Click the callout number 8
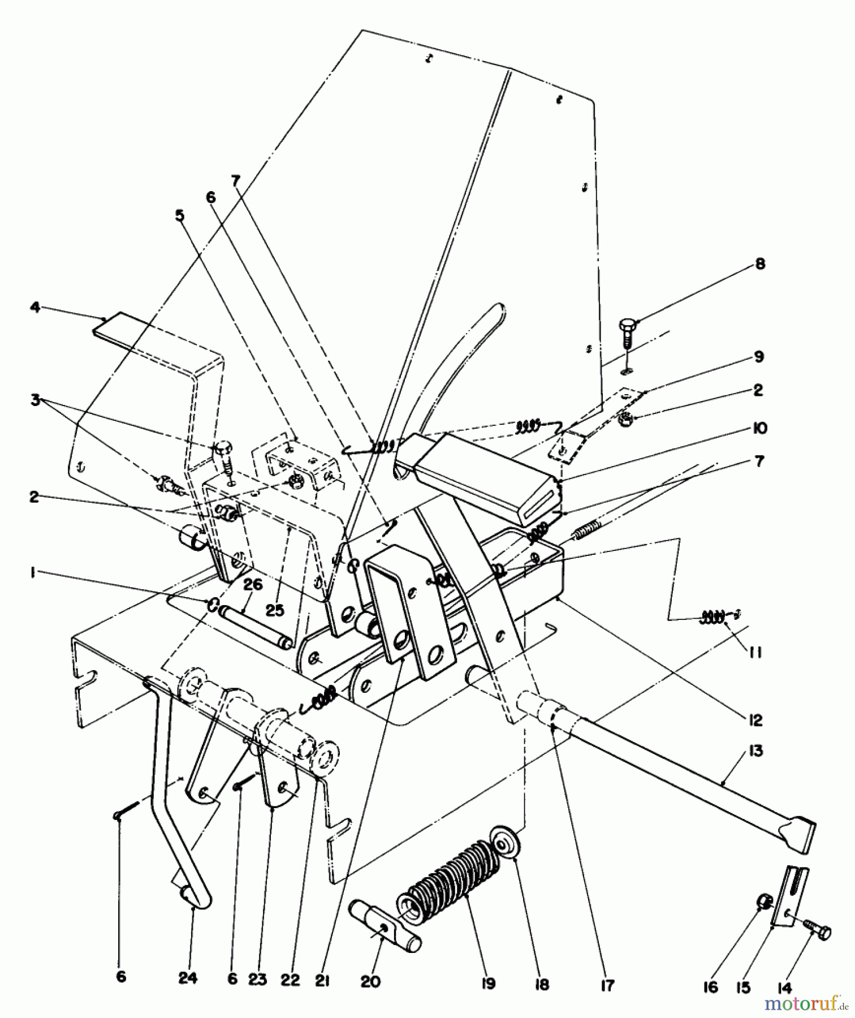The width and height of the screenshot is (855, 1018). [759, 264]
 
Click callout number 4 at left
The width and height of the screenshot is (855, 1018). [35, 308]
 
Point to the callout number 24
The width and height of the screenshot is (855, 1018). [188, 978]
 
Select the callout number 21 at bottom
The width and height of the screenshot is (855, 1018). [322, 982]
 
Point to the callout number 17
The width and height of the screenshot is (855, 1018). [607, 985]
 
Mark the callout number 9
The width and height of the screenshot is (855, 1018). [759, 357]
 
